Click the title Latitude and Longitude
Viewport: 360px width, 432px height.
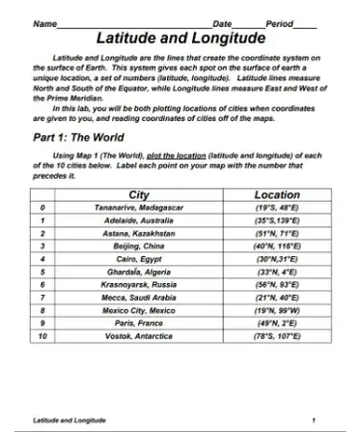(180, 40)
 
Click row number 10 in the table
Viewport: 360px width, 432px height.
(42, 336)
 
